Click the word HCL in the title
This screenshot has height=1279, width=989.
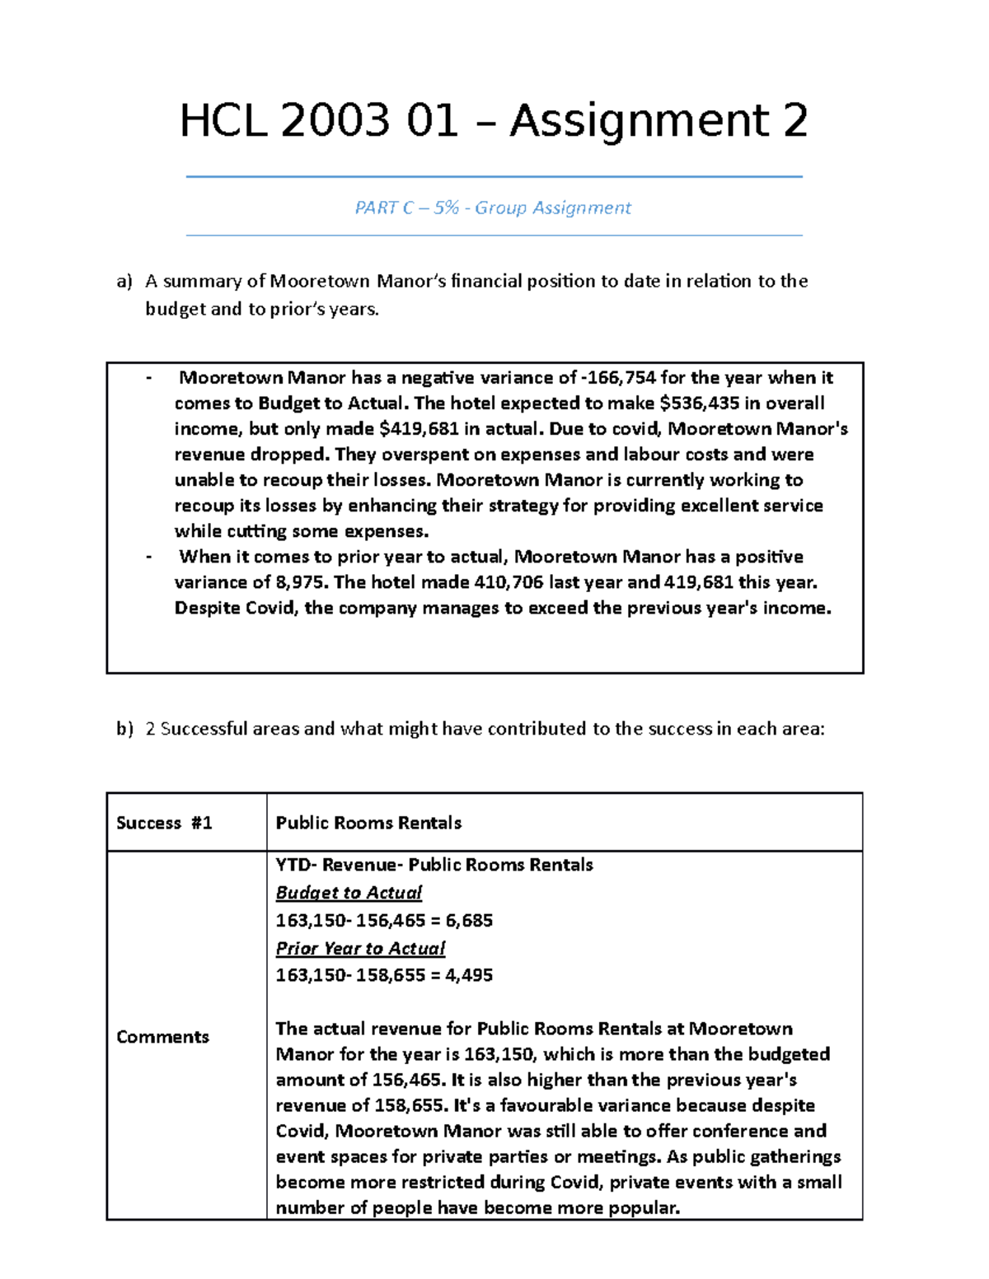pos(224,122)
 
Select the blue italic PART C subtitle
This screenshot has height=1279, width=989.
pos(492,208)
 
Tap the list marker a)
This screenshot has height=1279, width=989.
pos(124,282)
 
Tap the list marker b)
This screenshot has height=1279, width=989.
pos(124,729)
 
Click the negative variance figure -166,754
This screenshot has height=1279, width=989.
pos(618,378)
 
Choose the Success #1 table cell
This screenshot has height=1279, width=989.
pos(164,823)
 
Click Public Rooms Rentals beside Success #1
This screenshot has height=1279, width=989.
pos(368,823)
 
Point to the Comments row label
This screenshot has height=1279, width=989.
pos(162,1037)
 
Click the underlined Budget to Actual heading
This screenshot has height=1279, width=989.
pos(349,893)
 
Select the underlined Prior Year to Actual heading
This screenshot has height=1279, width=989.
pos(360,949)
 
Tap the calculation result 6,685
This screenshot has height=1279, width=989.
pos(469,921)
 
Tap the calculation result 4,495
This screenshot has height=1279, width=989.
pos(469,975)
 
